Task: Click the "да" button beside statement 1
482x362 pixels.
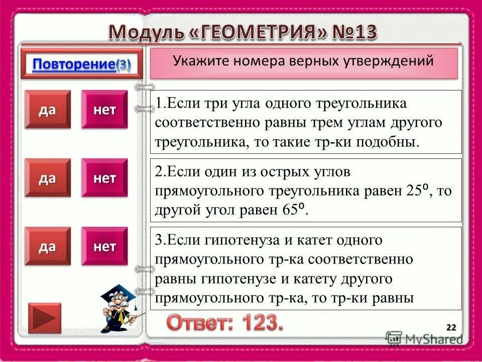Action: click(48, 110)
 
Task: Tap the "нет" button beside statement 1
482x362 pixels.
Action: click(104, 110)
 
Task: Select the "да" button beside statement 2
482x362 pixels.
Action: click(48, 177)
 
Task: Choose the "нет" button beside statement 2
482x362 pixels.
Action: click(104, 177)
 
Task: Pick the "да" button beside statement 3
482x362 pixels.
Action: click(48, 246)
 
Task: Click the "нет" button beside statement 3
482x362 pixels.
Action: click(104, 246)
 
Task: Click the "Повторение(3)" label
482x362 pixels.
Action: click(82, 64)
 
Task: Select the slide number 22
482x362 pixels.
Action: click(451, 328)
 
